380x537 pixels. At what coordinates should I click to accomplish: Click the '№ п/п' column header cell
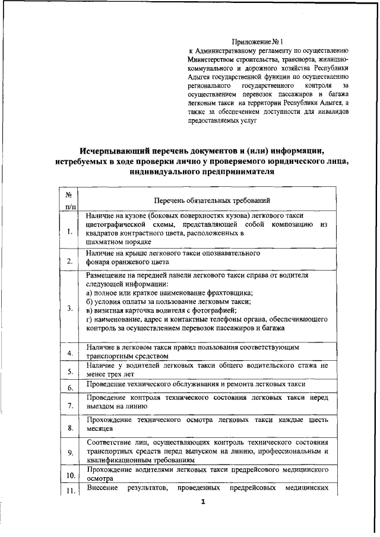coord(69,200)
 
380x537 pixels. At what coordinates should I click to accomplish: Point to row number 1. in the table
coord(69,232)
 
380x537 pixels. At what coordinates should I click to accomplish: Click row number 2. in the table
coord(69,261)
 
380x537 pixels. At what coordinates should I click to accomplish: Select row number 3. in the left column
coord(69,308)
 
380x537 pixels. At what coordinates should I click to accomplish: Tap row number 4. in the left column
coord(69,354)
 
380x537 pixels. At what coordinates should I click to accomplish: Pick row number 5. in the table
coord(69,372)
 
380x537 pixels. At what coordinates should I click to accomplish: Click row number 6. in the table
coord(69,388)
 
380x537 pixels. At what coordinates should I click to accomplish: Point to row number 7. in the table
coord(69,406)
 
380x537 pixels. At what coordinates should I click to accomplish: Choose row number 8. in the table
coord(69,428)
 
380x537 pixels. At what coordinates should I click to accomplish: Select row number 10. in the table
coord(69,476)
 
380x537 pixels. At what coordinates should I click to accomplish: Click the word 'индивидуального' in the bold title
coord(164,172)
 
